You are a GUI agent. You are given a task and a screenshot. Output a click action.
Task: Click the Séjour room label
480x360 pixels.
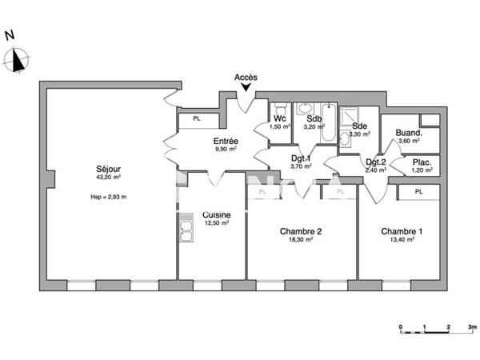pyautogui.click(x=108, y=169)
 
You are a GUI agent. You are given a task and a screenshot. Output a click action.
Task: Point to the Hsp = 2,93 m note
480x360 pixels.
pyautogui.click(x=108, y=196)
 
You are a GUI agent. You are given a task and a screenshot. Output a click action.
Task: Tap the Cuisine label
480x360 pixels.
pyautogui.click(x=217, y=215)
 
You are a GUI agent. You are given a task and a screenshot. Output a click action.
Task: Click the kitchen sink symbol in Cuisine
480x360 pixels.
pyautogui.click(x=186, y=227)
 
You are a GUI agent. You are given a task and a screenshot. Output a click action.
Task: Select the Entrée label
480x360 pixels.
pyautogui.click(x=226, y=140)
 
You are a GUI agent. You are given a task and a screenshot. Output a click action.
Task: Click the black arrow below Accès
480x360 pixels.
pyautogui.click(x=246, y=87)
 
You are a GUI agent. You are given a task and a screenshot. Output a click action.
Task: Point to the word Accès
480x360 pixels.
pyautogui.click(x=246, y=77)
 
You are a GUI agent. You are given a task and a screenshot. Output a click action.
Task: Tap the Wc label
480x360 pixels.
pyautogui.click(x=280, y=118)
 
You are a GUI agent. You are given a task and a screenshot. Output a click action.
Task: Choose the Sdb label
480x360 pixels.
pyautogui.click(x=314, y=118)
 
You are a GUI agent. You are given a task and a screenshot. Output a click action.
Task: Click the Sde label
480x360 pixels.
pyautogui.click(x=360, y=126)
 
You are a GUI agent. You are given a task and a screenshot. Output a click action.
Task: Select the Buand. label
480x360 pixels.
pyautogui.click(x=409, y=134)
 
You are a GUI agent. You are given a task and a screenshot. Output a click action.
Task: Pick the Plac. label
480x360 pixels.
pyautogui.click(x=421, y=162)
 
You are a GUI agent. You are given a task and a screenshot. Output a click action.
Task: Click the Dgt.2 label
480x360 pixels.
pyautogui.click(x=375, y=161)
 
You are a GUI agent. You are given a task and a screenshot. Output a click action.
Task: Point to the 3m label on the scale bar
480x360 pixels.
pyautogui.click(x=472, y=328)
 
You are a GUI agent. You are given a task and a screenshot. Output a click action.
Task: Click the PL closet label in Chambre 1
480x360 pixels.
pyautogui.click(x=420, y=192)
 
